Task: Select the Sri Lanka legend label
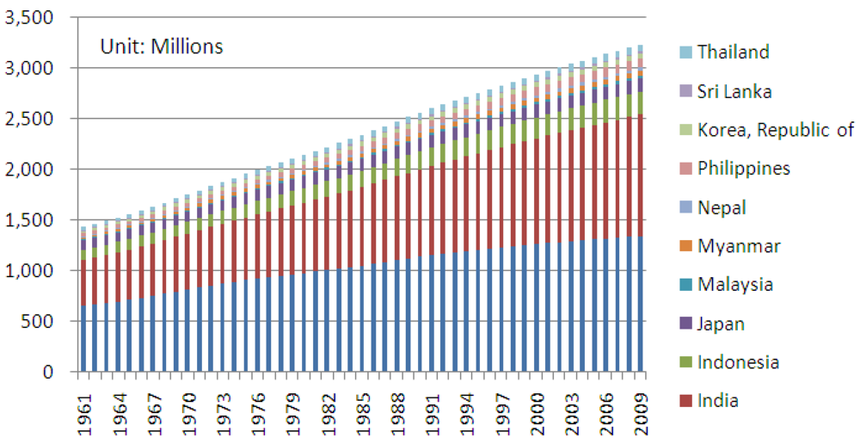click(734, 91)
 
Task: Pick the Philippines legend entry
click(743, 169)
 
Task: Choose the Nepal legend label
click(722, 207)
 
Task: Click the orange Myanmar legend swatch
click(685, 247)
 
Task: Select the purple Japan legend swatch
click(685, 324)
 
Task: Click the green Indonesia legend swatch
click(685, 363)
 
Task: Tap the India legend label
click(718, 401)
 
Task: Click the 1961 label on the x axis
click(84, 411)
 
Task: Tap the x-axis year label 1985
click(360, 411)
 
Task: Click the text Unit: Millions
click(162, 46)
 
